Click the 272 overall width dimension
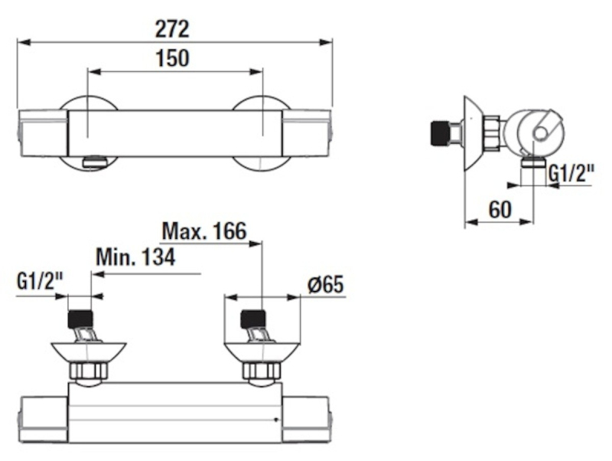pyautogui.click(x=172, y=30)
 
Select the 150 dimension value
pyautogui.click(x=172, y=59)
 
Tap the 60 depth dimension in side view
pyautogui.click(x=500, y=210)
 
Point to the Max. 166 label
pyautogui.click(x=204, y=231)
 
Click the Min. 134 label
pyautogui.click(x=136, y=257)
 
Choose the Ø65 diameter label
pyautogui.click(x=326, y=284)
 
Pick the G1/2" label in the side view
pyautogui.click(x=571, y=174)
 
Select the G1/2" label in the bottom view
pyautogui.click(x=41, y=281)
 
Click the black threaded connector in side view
pyautogui.click(x=438, y=133)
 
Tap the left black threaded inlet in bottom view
pyautogui.click(x=81, y=319)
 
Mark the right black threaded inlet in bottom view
pyautogui.click(x=253, y=319)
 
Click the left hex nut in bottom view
pyautogui.click(x=88, y=371)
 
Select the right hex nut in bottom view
pyautogui.click(x=262, y=371)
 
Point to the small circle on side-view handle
pyautogui.click(x=541, y=133)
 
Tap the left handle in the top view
pyautogui.click(x=42, y=133)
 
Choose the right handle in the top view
pyautogui.click(x=308, y=133)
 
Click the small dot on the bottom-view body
pyautogui.click(x=276, y=420)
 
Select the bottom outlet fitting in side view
pyautogui.click(x=532, y=161)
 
